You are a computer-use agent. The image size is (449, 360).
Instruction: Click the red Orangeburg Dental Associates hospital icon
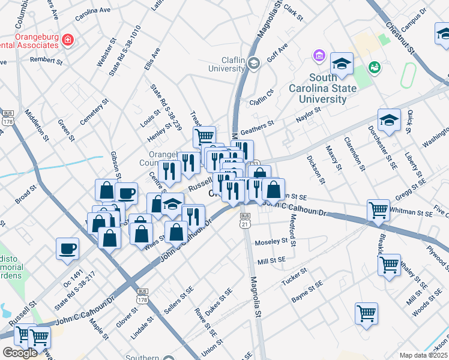(x=68, y=40)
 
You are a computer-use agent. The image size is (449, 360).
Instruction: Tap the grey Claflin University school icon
(x=255, y=63)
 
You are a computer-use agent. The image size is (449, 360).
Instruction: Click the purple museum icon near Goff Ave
(x=319, y=56)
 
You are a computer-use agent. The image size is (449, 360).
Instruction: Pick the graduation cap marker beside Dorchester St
(x=389, y=121)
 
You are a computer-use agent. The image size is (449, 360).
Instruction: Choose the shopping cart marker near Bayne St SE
(x=366, y=313)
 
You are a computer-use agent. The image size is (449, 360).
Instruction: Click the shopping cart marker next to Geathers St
(x=205, y=136)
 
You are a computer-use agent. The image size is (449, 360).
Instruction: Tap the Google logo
(x=20, y=353)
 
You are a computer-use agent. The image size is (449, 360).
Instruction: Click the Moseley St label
(x=271, y=242)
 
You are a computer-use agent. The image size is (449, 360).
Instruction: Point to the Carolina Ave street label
(x=93, y=11)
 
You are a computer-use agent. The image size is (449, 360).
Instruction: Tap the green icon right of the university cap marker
(x=375, y=68)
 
